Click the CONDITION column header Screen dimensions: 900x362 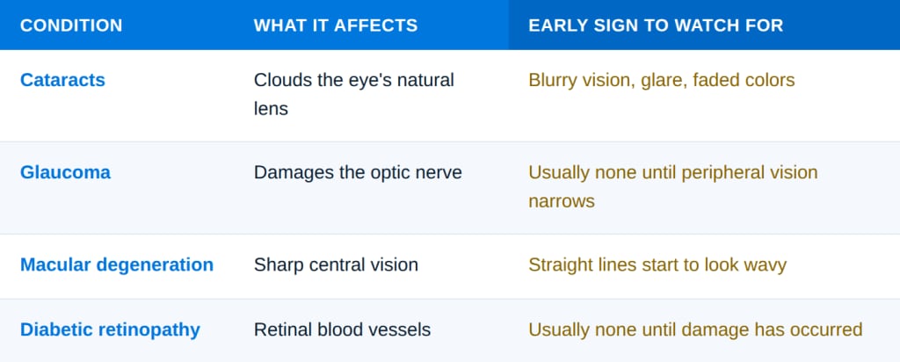pos(71,25)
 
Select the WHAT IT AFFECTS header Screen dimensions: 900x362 pos(336,25)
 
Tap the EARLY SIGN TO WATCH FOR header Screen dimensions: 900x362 pos(656,25)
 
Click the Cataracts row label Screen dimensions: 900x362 pos(62,80)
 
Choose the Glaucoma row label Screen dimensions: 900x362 pos(65,173)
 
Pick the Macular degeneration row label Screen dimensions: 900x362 pos(117,265)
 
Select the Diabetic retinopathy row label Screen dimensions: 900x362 pos(110,329)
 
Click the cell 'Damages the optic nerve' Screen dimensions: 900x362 pos(358,173)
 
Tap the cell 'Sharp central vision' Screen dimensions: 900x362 pos(336,265)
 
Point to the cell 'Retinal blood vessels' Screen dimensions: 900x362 pos(342,329)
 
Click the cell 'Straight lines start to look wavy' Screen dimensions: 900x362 pos(657,265)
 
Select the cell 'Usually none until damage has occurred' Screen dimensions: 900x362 pos(695,329)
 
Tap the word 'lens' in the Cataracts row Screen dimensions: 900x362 pos(271,109)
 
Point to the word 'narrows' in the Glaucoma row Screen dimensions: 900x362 pos(562,202)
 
